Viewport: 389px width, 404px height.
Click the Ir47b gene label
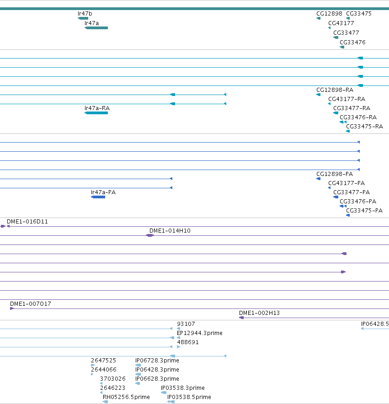(x=85, y=14)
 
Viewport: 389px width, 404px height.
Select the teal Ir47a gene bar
(x=96, y=28)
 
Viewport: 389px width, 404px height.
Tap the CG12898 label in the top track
(x=329, y=14)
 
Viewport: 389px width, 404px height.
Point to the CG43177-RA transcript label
(x=346, y=99)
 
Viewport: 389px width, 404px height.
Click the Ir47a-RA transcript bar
(x=96, y=113)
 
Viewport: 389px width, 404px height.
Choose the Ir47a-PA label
(x=103, y=192)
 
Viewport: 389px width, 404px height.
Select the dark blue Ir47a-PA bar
(x=98, y=197)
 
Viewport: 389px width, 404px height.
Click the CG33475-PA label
(x=364, y=211)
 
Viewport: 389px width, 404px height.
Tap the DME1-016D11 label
(x=27, y=222)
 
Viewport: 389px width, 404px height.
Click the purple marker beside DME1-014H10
(x=150, y=235)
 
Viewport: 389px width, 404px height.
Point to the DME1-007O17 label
(x=31, y=304)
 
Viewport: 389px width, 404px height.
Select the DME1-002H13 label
(x=259, y=313)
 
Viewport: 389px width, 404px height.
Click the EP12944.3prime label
(x=199, y=333)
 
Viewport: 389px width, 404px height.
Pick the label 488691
(x=188, y=342)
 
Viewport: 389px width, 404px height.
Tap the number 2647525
(x=103, y=361)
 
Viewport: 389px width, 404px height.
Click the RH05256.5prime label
(x=126, y=397)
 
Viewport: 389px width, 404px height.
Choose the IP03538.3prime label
(x=182, y=388)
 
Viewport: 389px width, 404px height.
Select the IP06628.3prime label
(x=157, y=379)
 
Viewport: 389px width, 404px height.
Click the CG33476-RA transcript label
(x=358, y=117)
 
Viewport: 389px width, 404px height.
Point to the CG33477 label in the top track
(x=346, y=33)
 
